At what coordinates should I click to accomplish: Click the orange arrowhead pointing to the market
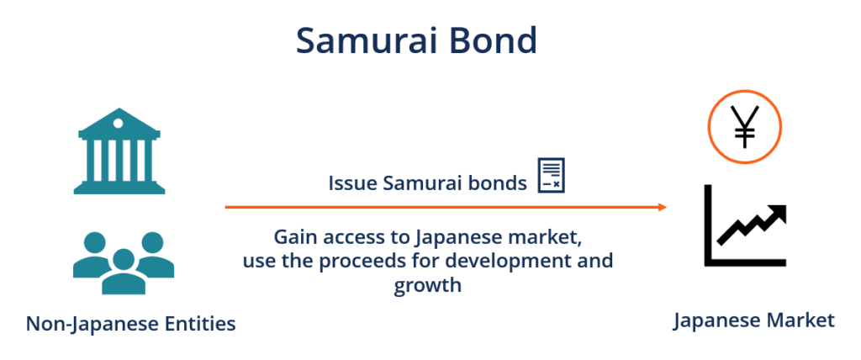[663, 207]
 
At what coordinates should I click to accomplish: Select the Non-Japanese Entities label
[130, 323]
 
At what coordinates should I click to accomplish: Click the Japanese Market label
[753, 320]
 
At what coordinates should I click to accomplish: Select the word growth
[427, 285]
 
